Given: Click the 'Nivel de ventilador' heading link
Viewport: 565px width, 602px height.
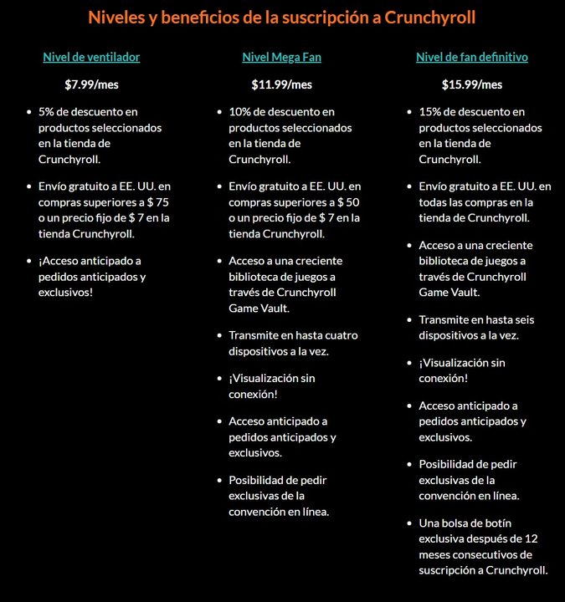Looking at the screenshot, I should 91,58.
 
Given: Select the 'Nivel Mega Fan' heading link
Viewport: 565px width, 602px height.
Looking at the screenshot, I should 281,58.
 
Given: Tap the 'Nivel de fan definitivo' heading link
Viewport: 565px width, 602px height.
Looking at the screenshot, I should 472,58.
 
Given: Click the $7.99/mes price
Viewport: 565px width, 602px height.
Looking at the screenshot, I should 91,84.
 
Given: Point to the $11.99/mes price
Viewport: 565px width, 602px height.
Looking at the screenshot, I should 281,84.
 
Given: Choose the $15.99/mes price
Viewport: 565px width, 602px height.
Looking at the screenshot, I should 472,84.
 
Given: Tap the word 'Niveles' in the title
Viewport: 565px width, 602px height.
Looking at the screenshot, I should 116,17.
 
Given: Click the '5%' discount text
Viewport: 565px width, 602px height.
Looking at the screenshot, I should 48,112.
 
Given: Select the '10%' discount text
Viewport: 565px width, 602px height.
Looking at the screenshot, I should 241,112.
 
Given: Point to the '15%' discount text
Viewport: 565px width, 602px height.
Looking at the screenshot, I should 431,112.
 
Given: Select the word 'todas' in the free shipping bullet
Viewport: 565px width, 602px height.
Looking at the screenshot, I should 433,202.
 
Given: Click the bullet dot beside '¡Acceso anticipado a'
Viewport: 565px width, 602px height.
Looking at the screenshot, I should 29,261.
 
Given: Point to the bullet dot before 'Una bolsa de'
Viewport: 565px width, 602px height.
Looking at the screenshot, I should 409,523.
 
